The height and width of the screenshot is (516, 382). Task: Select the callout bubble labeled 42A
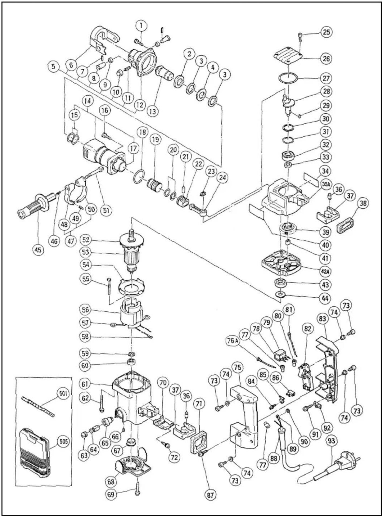point(325,271)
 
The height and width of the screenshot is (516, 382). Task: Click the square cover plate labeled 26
point(287,57)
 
